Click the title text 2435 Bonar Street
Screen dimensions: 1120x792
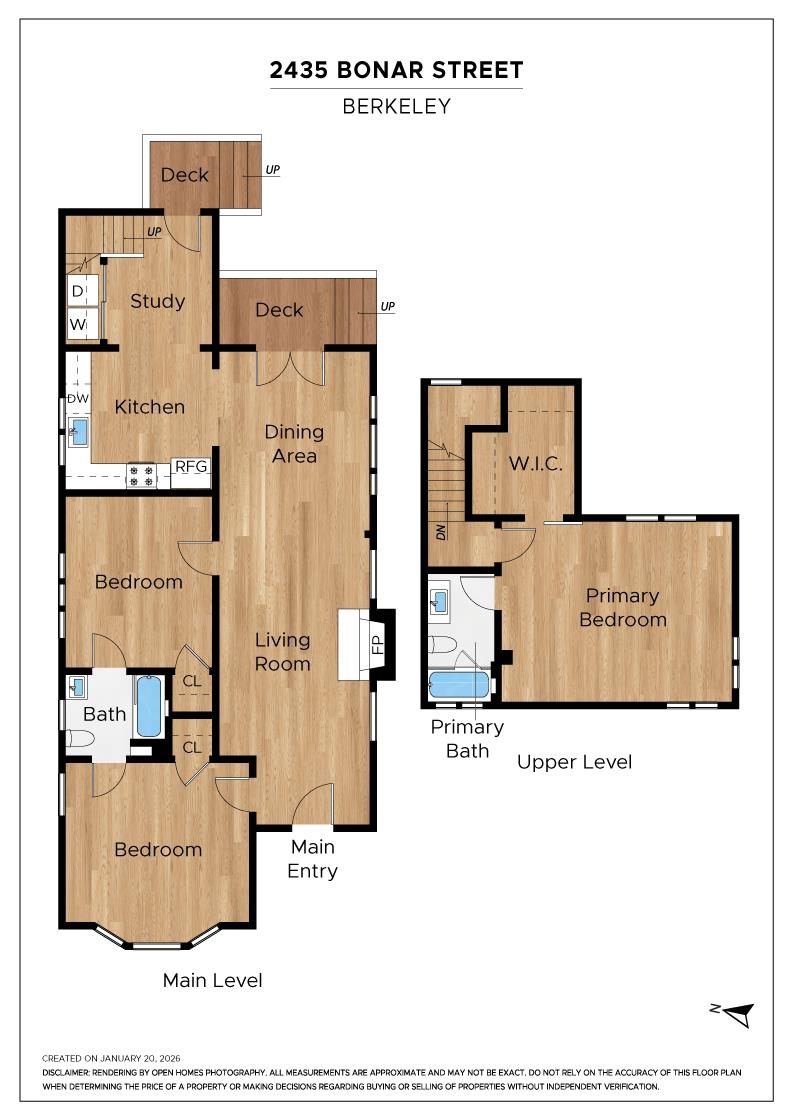point(396,71)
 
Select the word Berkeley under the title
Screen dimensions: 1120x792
point(396,106)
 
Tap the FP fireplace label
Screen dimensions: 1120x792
point(378,645)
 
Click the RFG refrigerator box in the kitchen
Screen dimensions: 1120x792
point(190,466)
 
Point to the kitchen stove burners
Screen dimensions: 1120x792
point(141,475)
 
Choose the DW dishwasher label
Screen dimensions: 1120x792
point(78,398)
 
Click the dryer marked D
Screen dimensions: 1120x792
point(78,292)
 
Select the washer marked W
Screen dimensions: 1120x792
point(78,324)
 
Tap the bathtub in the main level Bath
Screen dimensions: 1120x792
point(148,706)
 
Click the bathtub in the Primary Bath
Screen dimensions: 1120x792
point(459,685)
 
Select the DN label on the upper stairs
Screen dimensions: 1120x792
point(442,531)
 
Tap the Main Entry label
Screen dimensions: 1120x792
point(312,859)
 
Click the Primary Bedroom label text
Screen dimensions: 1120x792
point(622,607)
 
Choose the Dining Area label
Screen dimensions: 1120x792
point(294,444)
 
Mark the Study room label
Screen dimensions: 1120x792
point(158,301)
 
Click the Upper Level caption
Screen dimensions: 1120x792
point(574,762)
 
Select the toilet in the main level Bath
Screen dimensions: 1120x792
point(80,739)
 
